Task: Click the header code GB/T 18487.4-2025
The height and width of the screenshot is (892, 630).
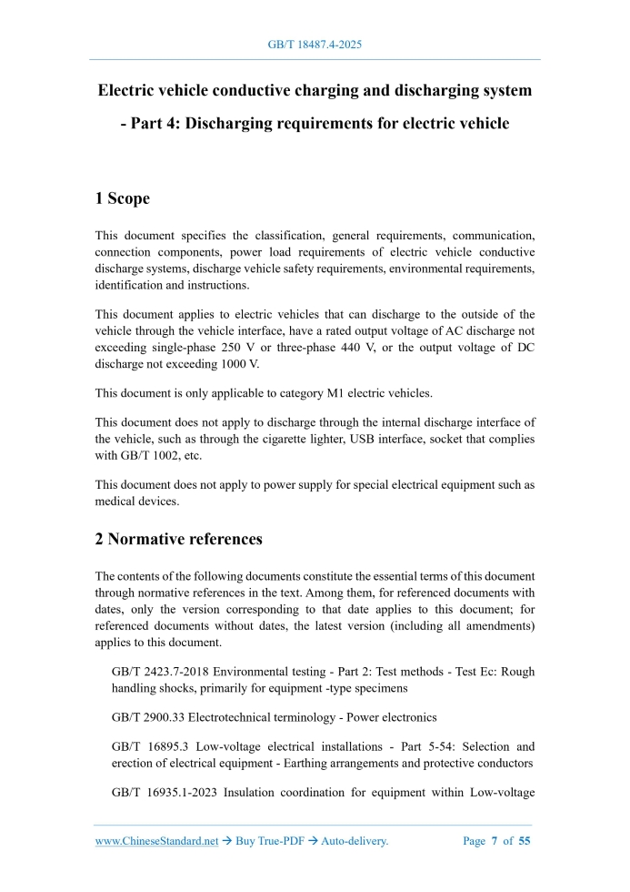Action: pos(315,44)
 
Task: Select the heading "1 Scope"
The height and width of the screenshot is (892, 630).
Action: pos(122,198)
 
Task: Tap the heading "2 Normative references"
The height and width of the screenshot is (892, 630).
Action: pos(178,539)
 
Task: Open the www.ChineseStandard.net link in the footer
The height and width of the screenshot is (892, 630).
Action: pos(156,841)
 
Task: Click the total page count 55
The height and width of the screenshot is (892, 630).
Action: pos(525,841)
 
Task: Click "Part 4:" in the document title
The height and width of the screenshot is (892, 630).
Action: pos(155,123)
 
